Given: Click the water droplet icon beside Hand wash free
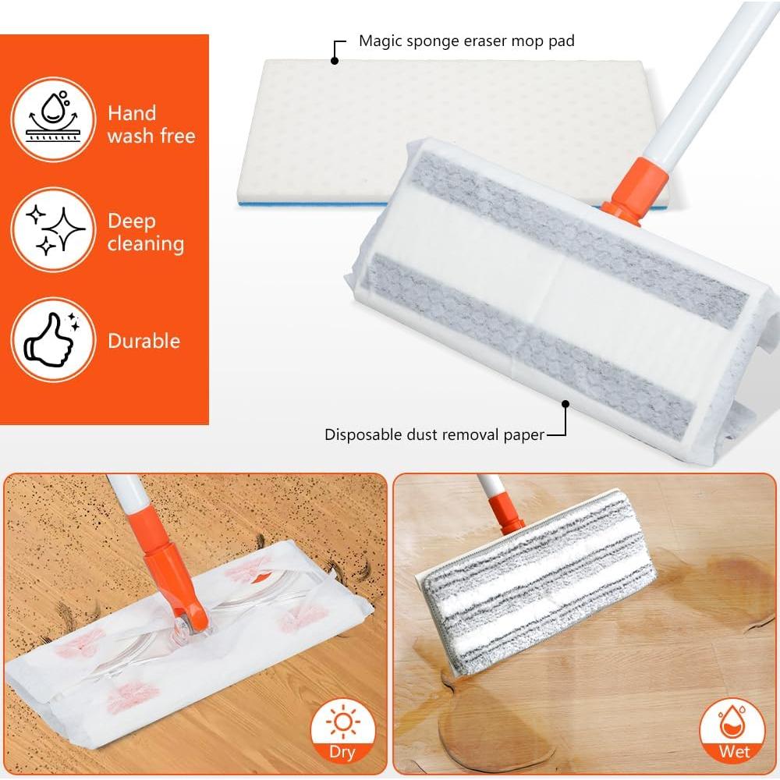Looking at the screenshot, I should pos(54,119).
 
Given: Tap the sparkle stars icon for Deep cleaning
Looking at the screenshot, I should pos(54,229).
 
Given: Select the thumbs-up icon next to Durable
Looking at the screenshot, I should pos(54,340).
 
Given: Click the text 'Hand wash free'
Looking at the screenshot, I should pos(151,124).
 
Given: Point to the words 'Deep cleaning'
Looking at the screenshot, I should pos(146,232).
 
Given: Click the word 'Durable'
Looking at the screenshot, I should pos(144,341).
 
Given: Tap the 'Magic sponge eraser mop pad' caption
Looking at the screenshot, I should pos(466,41).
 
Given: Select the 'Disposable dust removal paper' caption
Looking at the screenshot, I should pos(434,434).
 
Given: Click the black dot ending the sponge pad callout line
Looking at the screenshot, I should pos(335,60).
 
